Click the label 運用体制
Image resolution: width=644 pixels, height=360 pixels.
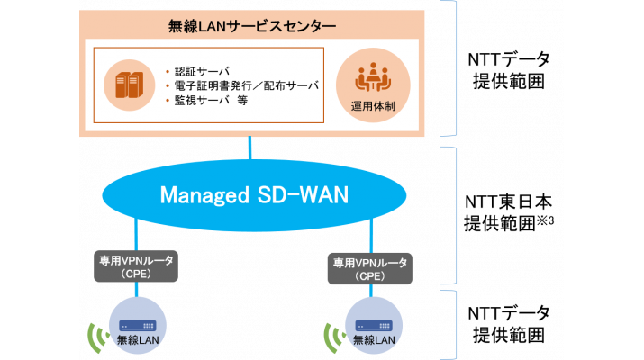click(x=370, y=106)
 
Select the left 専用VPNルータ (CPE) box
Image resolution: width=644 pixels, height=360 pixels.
click(x=136, y=265)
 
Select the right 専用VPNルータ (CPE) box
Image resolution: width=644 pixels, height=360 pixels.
click(x=371, y=268)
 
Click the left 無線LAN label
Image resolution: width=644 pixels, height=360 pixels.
click(x=136, y=339)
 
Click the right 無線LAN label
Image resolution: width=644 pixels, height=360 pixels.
click(x=372, y=340)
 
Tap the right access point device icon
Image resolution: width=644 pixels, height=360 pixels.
click(x=372, y=324)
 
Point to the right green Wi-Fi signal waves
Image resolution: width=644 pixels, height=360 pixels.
click(x=332, y=336)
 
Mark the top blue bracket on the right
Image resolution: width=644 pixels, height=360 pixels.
click(x=453, y=67)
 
